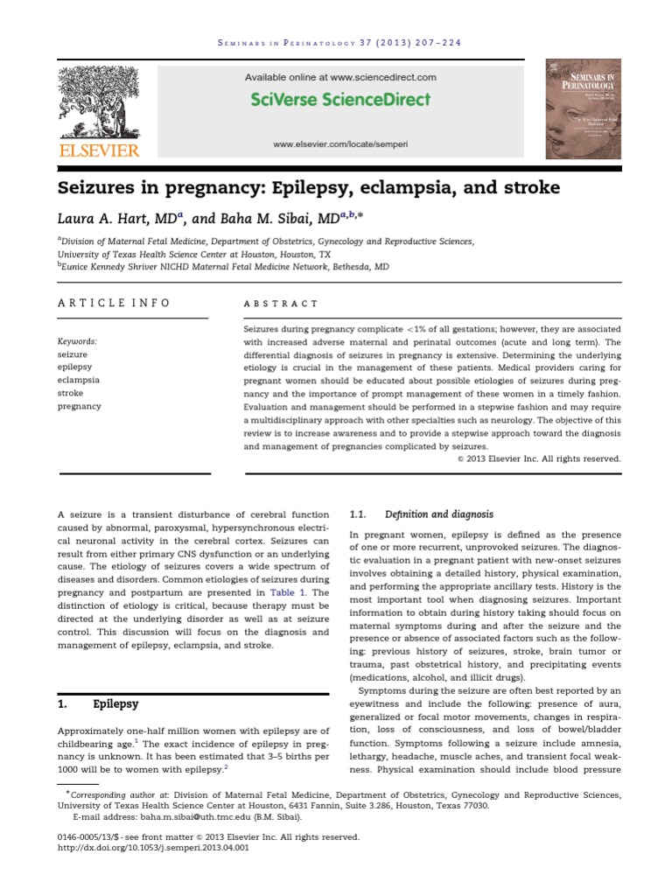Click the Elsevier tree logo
coord(98,101)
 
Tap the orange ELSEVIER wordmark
coord(98,150)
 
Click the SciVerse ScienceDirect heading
coord(340,99)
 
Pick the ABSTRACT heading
coord(281,304)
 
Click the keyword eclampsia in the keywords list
coord(79,381)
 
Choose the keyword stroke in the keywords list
coord(71,394)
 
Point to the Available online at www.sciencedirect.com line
coord(340,77)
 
